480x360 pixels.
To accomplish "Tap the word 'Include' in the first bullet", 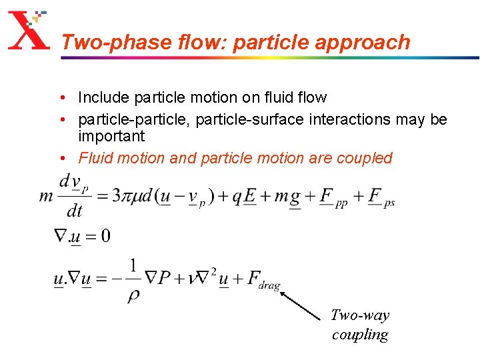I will pyautogui.click(x=103, y=98).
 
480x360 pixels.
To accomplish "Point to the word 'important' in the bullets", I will pyautogui.click(x=111, y=137).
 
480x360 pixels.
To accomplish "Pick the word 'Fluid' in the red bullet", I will pyautogui.click(x=93, y=159).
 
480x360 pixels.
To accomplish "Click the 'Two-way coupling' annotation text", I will pyautogui.click(x=360, y=325).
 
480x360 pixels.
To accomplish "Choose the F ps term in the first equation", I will pyautogui.click(x=380, y=198).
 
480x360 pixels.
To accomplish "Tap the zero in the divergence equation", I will pyautogui.click(x=105, y=235).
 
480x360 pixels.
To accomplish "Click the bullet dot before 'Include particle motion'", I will pyautogui.click(x=61, y=98).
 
